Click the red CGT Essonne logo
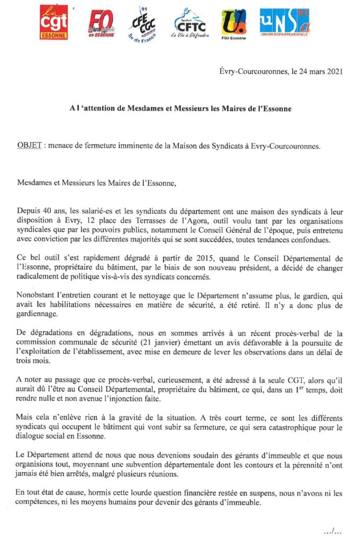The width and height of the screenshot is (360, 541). point(53,22)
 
